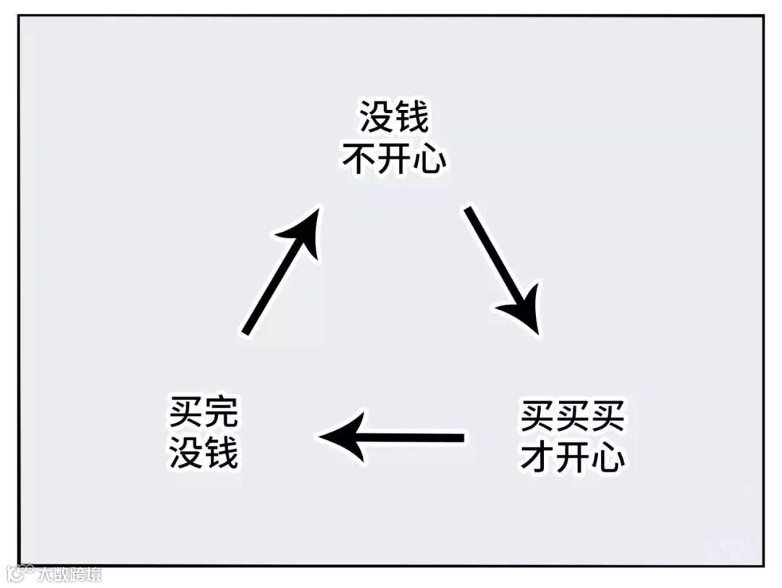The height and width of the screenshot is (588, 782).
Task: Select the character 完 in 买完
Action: click(x=219, y=414)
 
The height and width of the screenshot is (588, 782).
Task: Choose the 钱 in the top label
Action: click(x=412, y=117)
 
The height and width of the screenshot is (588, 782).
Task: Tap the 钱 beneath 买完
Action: click(x=220, y=454)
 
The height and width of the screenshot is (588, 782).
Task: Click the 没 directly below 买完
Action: click(x=185, y=454)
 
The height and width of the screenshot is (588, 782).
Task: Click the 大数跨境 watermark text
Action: click(x=70, y=575)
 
